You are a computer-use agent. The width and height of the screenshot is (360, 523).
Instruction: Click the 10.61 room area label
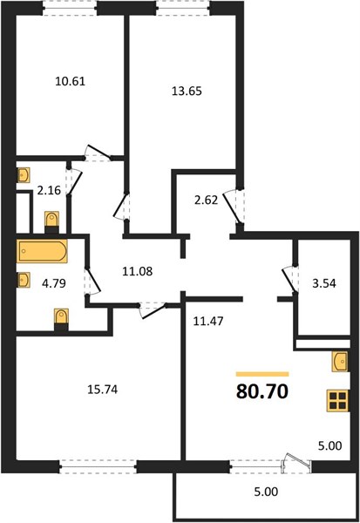coord(70,81)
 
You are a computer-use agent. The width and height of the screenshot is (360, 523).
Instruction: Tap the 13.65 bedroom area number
coord(187,91)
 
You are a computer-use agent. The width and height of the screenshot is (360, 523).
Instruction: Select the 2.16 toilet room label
coord(49,190)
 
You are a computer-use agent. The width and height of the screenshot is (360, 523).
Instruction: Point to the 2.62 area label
coord(206,200)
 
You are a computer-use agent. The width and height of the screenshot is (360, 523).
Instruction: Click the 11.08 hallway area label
coord(138,271)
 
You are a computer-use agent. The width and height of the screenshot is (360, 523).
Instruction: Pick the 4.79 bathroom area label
coord(54,283)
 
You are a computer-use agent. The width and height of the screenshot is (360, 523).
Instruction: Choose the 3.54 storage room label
coord(324,284)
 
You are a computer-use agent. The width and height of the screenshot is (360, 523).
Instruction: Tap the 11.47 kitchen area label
coord(208,321)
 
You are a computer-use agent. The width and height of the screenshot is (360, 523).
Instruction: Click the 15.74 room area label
coord(103,390)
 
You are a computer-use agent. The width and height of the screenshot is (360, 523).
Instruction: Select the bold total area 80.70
coord(262,391)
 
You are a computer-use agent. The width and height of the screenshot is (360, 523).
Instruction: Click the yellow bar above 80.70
coord(262,374)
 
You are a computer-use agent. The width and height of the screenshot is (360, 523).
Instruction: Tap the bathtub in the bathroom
coord(43,251)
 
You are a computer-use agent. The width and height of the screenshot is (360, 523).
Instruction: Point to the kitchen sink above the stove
coord(340,362)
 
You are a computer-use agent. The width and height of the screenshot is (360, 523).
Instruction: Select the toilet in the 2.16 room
coord(51,222)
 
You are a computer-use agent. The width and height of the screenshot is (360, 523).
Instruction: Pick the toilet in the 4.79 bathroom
coord(61,319)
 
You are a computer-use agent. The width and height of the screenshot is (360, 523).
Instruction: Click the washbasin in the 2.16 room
coord(24,175)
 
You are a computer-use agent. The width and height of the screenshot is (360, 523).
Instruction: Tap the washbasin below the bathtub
coord(24,280)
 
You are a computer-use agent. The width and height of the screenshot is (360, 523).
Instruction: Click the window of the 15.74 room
coord(98,466)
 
